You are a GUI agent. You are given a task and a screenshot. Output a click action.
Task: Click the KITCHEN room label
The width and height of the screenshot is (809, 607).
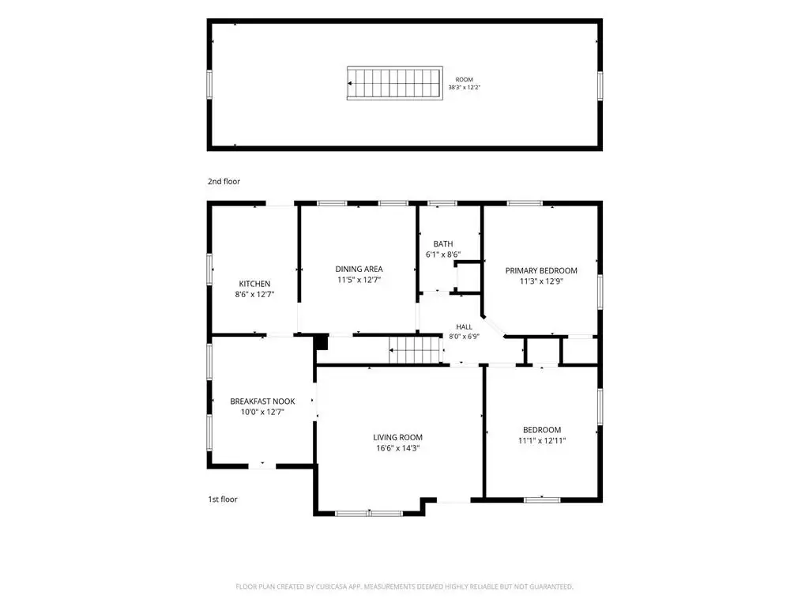254,284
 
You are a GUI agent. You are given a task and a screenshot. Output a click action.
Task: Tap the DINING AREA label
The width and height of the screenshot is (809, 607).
359,269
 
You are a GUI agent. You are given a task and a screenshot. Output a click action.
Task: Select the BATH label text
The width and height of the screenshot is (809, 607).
443,243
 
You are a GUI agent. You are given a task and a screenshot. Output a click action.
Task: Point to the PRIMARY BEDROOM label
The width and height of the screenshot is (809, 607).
541,270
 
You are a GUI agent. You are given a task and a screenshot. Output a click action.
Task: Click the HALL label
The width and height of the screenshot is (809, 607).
464,326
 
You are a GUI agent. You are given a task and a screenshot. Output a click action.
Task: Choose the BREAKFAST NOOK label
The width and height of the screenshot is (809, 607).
262,401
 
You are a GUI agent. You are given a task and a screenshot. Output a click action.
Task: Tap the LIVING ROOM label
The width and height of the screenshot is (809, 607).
398,437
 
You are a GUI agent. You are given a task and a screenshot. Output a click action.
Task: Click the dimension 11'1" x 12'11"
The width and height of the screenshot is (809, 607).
542,440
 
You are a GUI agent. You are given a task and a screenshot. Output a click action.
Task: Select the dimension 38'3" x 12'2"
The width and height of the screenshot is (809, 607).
465,87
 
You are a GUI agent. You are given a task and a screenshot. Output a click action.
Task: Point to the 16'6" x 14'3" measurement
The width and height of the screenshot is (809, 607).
398,448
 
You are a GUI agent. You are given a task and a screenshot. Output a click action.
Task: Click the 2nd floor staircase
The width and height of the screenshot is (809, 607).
395,83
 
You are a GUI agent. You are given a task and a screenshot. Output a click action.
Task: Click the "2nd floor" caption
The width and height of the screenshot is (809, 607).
224,181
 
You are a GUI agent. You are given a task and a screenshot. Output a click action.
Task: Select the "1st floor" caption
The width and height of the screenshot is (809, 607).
223,500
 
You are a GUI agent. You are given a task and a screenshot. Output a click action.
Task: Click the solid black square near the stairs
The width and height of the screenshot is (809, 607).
322,343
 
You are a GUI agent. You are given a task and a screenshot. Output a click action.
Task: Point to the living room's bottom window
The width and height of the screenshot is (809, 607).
369,514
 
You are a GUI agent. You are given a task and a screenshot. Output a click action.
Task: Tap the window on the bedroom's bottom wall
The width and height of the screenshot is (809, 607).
542,500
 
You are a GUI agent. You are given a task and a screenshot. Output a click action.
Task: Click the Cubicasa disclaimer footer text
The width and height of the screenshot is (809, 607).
404,586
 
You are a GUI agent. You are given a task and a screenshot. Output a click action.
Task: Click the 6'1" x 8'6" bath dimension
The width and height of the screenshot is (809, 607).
443,254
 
